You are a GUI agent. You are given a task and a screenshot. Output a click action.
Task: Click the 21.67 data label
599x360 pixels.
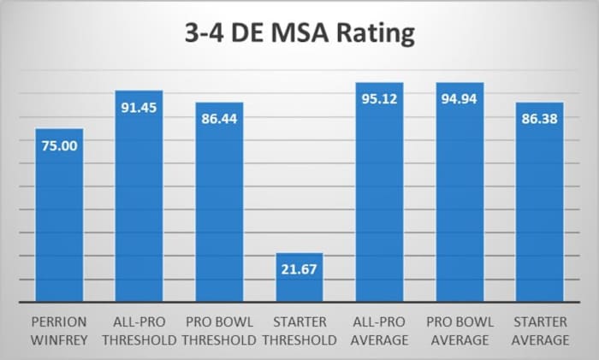point(299,269)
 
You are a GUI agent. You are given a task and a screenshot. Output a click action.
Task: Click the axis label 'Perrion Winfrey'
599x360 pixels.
point(59,332)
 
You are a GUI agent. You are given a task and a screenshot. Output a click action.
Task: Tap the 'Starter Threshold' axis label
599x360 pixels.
point(299,332)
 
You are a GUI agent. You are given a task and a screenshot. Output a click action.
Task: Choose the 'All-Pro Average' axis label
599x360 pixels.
point(379,332)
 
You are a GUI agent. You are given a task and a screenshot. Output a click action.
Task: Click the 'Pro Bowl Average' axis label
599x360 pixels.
point(460,332)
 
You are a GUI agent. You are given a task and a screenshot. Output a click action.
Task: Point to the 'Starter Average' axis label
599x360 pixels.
point(539,332)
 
